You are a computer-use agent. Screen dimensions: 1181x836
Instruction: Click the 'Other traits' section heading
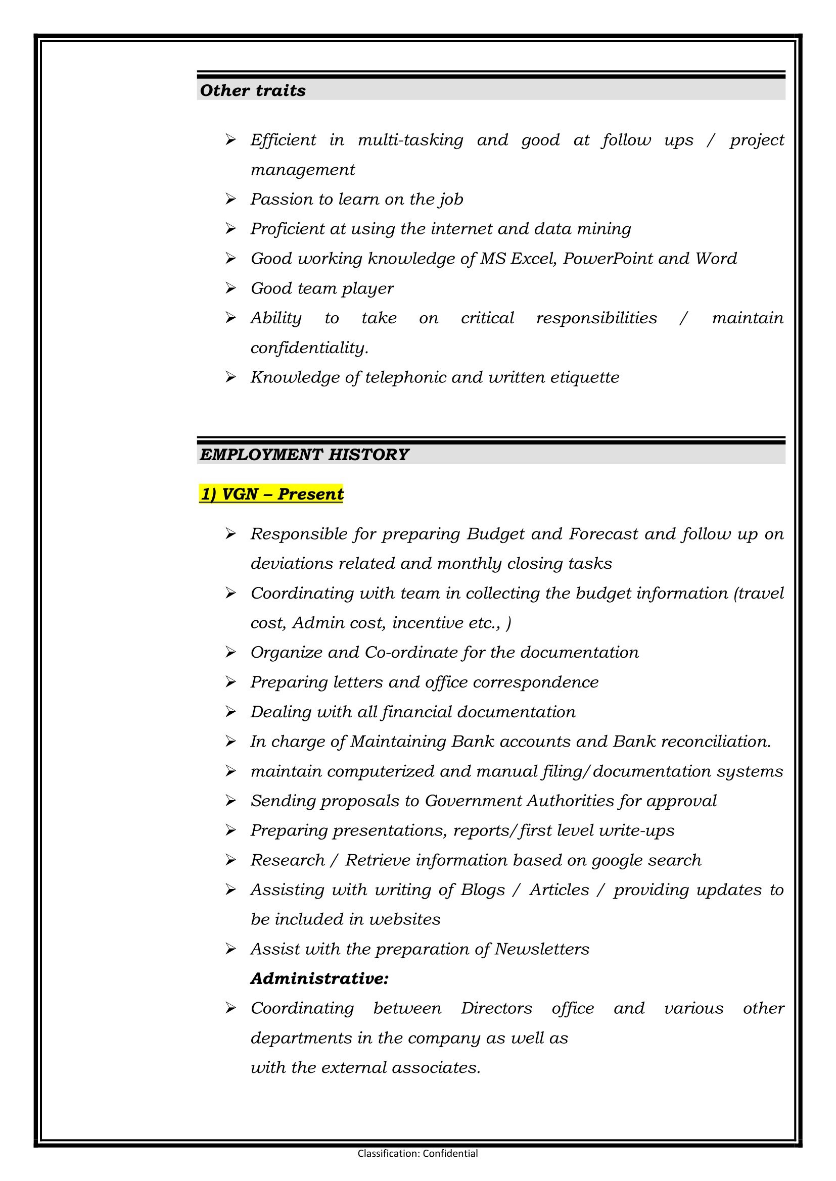(253, 90)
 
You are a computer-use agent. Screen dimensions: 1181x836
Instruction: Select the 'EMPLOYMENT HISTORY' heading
(304, 455)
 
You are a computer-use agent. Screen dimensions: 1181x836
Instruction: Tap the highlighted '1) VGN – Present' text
(271, 494)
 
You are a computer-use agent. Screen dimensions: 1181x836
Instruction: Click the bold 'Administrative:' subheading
(319, 978)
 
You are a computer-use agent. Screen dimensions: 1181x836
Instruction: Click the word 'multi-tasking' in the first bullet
(410, 140)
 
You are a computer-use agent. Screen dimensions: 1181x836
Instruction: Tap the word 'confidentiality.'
(309, 348)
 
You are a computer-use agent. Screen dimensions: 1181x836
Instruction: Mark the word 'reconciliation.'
(716, 742)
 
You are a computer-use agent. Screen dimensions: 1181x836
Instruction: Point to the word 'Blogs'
(482, 890)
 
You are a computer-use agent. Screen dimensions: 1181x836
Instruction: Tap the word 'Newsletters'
(541, 949)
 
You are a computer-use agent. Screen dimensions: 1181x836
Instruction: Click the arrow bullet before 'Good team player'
(230, 288)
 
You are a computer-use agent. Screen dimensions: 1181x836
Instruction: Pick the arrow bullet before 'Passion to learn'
(230, 199)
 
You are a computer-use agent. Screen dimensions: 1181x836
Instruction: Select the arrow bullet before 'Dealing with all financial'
(230, 712)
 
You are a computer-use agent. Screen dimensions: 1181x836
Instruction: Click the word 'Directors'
(496, 1008)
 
